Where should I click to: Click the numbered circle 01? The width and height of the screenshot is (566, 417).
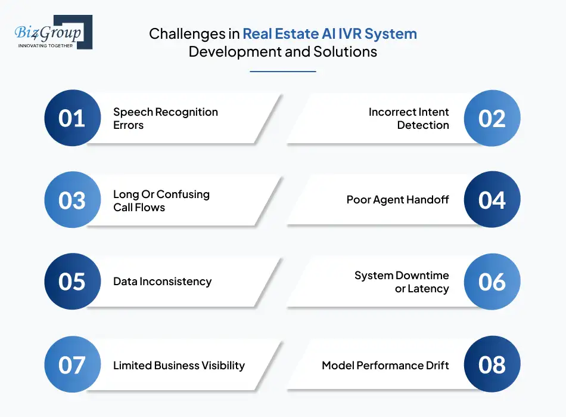coord(73,118)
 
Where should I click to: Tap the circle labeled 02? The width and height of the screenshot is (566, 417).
coord(492,118)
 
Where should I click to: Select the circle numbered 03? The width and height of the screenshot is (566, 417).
coord(73,200)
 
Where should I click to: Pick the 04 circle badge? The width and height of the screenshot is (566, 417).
coord(492,200)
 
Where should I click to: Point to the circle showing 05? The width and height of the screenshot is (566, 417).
coord(73,282)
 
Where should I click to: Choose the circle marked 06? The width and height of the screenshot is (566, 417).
coord(492,282)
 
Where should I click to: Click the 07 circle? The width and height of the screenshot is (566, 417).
coord(73,365)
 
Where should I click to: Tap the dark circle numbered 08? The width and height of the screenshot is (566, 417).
coord(492,365)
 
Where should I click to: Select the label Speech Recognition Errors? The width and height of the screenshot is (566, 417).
coord(157,118)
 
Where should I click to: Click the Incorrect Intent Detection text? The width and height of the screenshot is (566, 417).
coord(409,118)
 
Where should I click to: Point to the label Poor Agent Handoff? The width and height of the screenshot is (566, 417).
coord(397,200)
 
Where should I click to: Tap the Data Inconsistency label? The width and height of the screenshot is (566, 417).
coord(162,282)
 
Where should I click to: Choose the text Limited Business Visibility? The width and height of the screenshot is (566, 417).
coord(179,365)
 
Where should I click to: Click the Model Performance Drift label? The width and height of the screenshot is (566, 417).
coord(385,365)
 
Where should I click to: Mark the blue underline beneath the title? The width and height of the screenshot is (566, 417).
coord(282,72)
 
